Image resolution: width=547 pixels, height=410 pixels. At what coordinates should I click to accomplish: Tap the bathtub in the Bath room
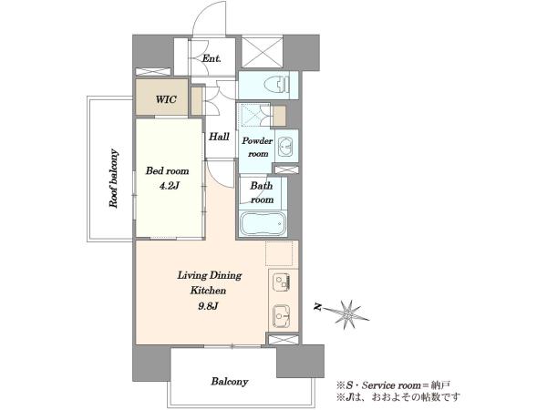click(x=263, y=223)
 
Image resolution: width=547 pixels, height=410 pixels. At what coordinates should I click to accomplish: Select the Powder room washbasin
click(x=286, y=146)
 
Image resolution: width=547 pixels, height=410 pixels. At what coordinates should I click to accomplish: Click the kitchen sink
click(x=281, y=316)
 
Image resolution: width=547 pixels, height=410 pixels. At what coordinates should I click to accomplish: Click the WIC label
click(x=166, y=99)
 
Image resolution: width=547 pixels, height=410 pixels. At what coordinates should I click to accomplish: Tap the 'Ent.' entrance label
click(x=212, y=58)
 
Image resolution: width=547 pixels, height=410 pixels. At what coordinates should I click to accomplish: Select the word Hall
click(x=219, y=137)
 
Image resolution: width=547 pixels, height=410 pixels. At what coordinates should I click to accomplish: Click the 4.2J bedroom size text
click(x=170, y=186)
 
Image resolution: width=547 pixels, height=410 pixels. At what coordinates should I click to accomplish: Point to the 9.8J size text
click(x=208, y=306)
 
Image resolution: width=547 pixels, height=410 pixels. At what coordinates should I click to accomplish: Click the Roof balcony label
click(x=114, y=179)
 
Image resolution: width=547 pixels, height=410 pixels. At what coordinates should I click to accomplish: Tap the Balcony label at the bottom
click(x=229, y=382)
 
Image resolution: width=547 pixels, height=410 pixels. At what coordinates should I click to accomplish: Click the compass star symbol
click(x=346, y=314)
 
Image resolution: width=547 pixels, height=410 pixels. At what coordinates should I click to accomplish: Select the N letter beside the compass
click(x=317, y=306)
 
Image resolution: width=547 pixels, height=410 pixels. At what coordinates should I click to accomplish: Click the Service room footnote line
click(x=393, y=385)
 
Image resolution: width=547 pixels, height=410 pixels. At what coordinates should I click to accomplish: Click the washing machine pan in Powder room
click(x=254, y=115)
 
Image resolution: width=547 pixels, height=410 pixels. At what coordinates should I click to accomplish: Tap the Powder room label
click(x=257, y=147)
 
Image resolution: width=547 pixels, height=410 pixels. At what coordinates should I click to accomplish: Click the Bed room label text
click(x=167, y=171)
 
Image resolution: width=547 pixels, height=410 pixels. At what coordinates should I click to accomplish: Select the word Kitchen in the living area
click(x=208, y=290)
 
